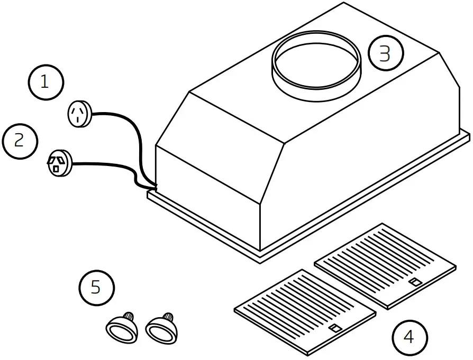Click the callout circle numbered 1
46,83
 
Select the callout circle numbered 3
386,53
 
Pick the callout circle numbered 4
410,337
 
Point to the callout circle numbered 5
96,288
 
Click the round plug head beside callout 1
80,114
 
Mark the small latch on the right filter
417,282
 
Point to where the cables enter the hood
153,186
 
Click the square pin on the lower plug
56,169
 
